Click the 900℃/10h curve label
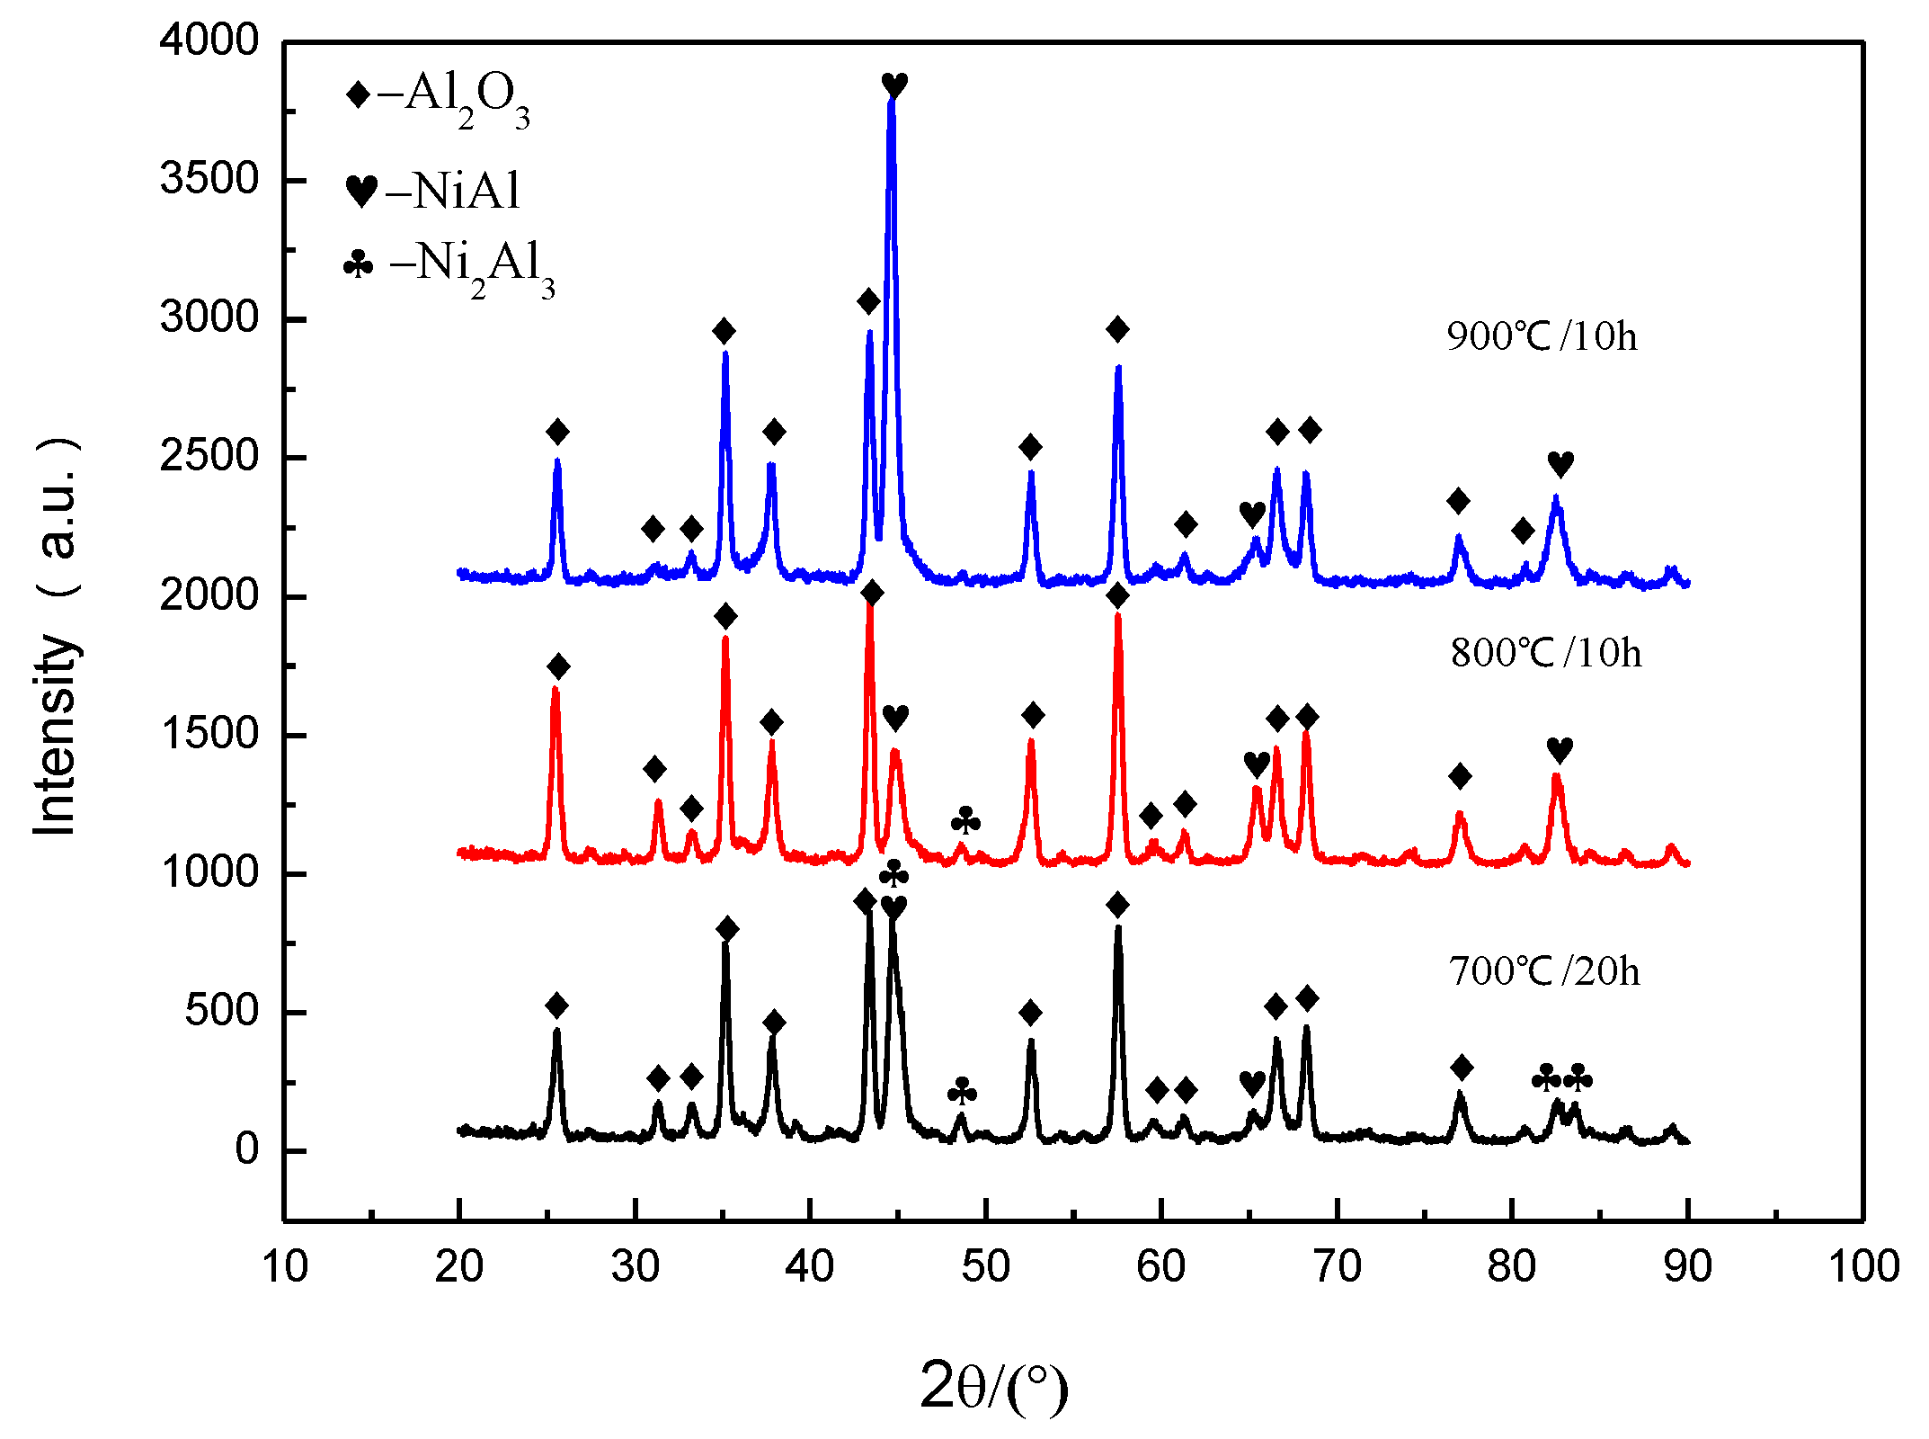pyautogui.click(x=1542, y=336)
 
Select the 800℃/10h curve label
pyautogui.click(x=1545, y=653)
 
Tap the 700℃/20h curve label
pyautogui.click(x=1543, y=971)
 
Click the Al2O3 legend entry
pyautogui.click(x=439, y=97)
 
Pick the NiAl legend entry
pyautogui.click(x=433, y=190)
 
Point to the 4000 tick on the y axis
pyautogui.click(x=209, y=41)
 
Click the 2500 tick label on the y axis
pyautogui.click(x=209, y=457)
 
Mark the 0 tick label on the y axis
pyautogui.click(x=246, y=1149)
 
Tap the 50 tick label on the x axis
pyautogui.click(x=986, y=1266)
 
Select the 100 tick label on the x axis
pyautogui.click(x=1863, y=1266)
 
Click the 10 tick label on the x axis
pyautogui.click(x=284, y=1266)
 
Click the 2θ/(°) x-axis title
pyautogui.click(x=993, y=1386)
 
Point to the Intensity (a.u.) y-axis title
pyautogui.click(x=56, y=637)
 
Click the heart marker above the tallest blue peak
pyautogui.click(x=894, y=85)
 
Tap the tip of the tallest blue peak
pyautogui.click(x=892, y=101)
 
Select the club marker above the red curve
pyautogui.click(x=965, y=820)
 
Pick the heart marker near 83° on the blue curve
pyautogui.click(x=1560, y=464)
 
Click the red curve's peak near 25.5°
pyautogui.click(x=556, y=689)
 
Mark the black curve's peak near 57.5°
pyautogui.click(x=1118, y=928)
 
